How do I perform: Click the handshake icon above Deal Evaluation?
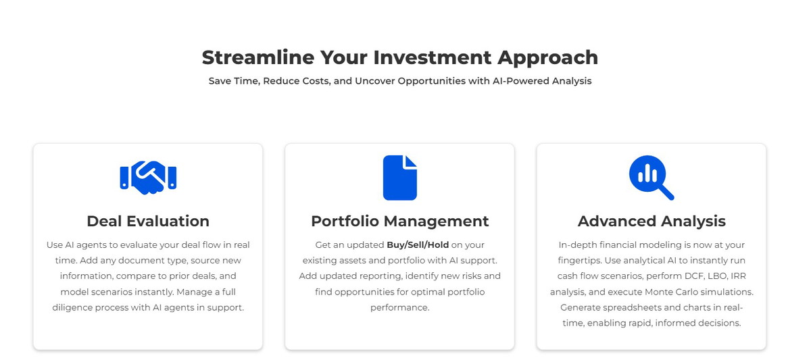148,177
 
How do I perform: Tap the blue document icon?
399,178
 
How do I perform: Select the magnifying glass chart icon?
652,178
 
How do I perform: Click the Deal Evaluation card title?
148,221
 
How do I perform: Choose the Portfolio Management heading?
399,221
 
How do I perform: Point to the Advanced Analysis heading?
652,222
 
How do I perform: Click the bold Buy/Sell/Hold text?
418,245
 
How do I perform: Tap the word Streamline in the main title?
258,57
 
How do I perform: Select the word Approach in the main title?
548,59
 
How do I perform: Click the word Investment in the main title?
433,57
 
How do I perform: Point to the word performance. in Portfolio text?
399,308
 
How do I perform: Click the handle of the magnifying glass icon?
666,193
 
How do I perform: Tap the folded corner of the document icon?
412,161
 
